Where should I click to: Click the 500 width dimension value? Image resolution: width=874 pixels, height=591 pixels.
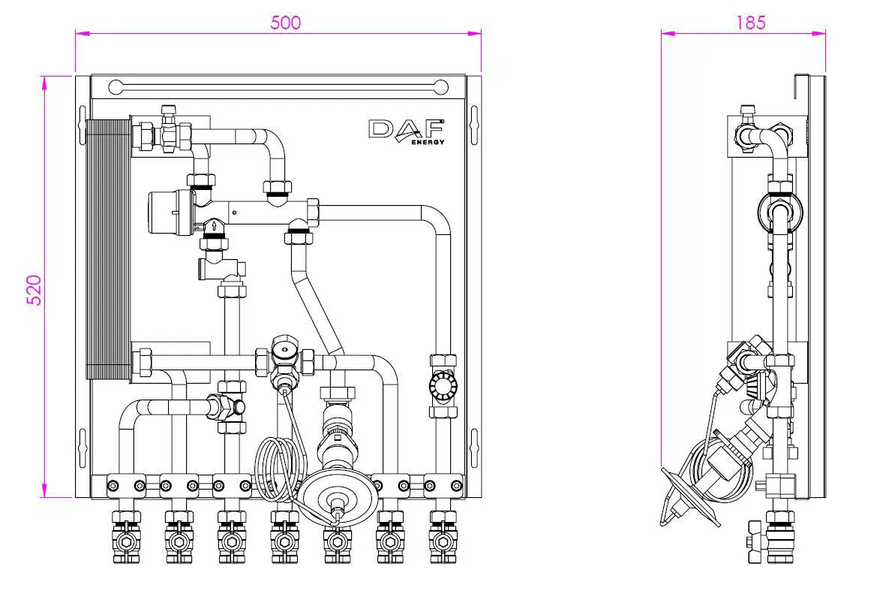point(285,23)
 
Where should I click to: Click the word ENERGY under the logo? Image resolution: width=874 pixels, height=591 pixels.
point(428,142)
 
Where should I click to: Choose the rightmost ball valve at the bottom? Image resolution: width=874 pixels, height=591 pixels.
point(443,539)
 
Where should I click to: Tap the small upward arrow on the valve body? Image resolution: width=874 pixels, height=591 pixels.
point(215,225)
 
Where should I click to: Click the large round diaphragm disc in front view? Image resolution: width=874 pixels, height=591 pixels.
point(337,499)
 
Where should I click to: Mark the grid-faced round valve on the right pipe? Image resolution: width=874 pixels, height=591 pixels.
point(443,387)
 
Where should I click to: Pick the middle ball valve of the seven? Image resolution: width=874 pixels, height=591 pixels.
point(284,539)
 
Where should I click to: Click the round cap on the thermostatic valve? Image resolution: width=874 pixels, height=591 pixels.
point(283,350)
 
